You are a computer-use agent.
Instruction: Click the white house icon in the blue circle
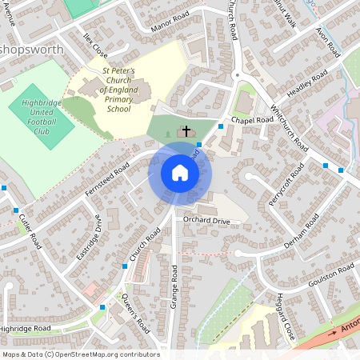pyautogui.click(x=180, y=173)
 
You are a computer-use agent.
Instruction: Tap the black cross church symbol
pyautogui.click(x=187, y=130)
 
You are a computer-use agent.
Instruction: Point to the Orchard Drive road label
pyautogui.click(x=206, y=220)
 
